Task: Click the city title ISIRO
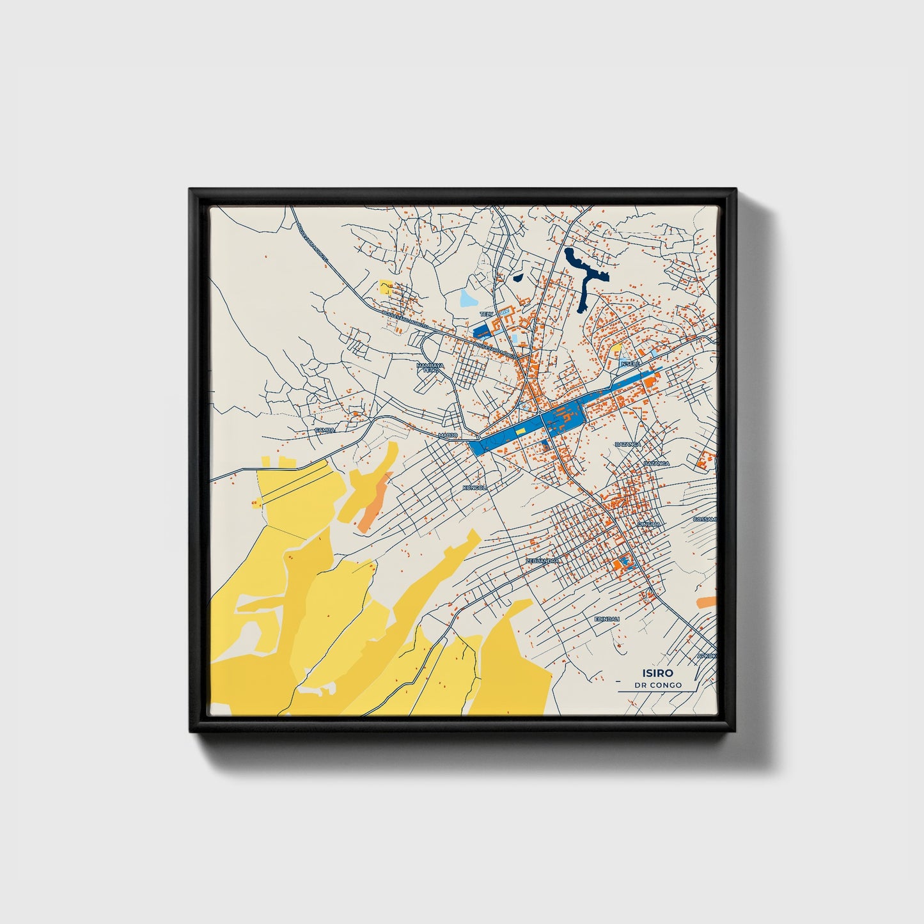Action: [657, 673]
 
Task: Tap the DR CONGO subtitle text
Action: [657, 685]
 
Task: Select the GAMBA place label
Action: [325, 430]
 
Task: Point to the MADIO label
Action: [448, 435]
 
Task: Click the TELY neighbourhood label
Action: [487, 314]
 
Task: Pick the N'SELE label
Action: [630, 364]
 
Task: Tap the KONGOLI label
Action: [474, 488]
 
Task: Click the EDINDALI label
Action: [607, 620]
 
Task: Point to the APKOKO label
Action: [707, 655]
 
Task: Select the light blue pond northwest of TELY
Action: [469, 298]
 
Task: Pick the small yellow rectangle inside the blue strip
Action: [521, 432]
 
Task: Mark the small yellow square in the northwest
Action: [385, 286]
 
